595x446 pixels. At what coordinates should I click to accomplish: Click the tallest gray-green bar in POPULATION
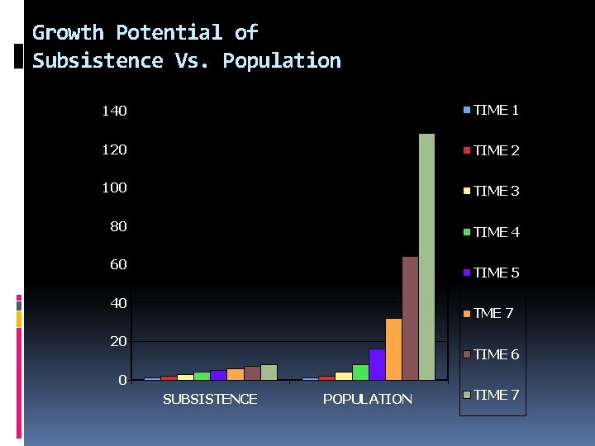click(x=426, y=256)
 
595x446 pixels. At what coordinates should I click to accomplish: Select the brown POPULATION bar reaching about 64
click(x=410, y=318)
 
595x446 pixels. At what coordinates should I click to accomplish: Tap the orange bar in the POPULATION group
click(x=393, y=349)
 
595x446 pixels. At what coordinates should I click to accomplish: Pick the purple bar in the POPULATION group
click(x=377, y=364)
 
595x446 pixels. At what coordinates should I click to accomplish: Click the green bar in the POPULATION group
click(x=360, y=372)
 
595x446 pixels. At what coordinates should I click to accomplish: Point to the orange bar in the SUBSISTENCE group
click(x=235, y=374)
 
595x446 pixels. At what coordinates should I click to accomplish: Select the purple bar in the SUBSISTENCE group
click(x=218, y=375)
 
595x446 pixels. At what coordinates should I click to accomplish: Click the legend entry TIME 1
click(x=491, y=110)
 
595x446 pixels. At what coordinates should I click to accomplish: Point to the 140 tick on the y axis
click(x=114, y=111)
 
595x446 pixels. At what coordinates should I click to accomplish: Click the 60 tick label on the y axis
click(x=118, y=264)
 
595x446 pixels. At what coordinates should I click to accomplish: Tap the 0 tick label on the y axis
click(x=122, y=380)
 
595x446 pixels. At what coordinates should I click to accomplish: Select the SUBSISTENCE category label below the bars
click(x=210, y=399)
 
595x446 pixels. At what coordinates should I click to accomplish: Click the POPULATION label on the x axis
click(x=367, y=399)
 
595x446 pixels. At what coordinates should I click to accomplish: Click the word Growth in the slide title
click(x=68, y=33)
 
